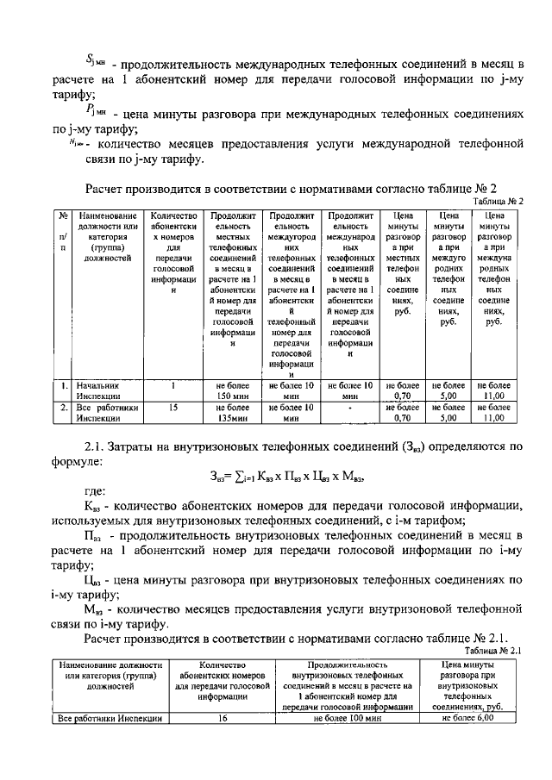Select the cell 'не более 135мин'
[x=231, y=411]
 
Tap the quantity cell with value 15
[x=172, y=406]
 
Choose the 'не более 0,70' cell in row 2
[x=403, y=411]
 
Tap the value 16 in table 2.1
[x=223, y=717]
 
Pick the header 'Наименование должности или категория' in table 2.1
[x=109, y=677]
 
